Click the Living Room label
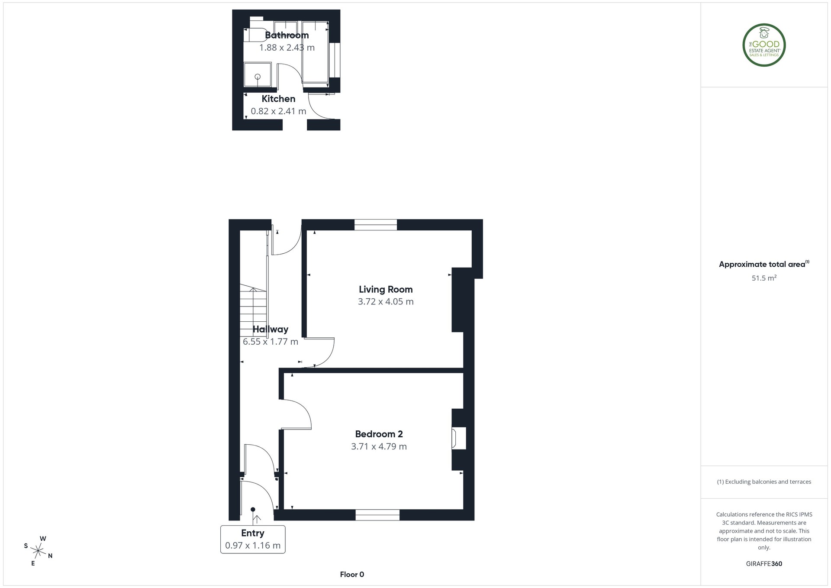click(x=386, y=289)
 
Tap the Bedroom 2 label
click(x=379, y=434)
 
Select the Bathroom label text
click(x=287, y=35)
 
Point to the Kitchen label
click(x=278, y=99)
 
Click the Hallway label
click(x=271, y=329)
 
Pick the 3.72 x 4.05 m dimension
click(x=386, y=302)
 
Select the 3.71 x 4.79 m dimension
click(x=379, y=446)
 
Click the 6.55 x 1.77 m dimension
click(x=271, y=342)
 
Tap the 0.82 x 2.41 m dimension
click(x=278, y=111)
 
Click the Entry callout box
click(x=253, y=539)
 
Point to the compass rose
click(x=39, y=551)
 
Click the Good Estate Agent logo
click(x=764, y=45)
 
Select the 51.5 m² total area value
click(x=764, y=278)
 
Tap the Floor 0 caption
click(x=352, y=575)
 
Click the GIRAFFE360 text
click(x=764, y=564)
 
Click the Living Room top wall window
click(x=376, y=225)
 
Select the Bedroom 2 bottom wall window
click(x=377, y=515)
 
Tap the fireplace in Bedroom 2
click(x=459, y=438)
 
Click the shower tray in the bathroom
click(x=258, y=75)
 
